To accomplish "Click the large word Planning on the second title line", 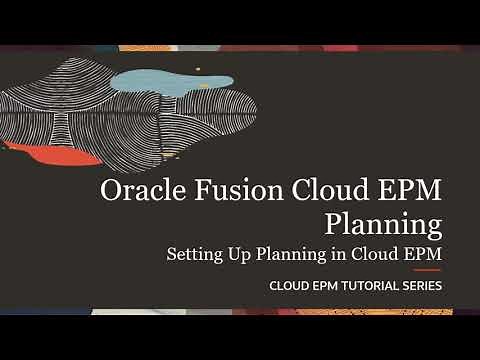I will [x=383, y=221].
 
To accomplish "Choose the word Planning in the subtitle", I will [x=289, y=254].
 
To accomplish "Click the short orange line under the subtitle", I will [x=427, y=270].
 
